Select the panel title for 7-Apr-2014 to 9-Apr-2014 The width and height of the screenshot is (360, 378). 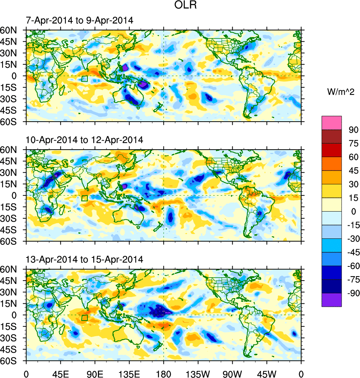click(79, 21)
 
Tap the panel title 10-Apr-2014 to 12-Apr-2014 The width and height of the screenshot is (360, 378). click(84, 140)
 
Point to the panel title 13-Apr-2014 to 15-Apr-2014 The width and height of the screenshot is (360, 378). click(84, 259)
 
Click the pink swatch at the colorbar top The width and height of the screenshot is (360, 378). click(332, 122)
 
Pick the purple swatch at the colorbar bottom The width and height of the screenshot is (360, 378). click(332, 300)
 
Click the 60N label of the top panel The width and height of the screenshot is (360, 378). click(10, 30)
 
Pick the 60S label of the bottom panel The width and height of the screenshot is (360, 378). click(10, 361)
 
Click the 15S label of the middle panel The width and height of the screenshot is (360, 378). click(10, 207)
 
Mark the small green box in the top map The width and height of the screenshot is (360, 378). click(84, 79)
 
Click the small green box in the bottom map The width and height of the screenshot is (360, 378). click(84, 318)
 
